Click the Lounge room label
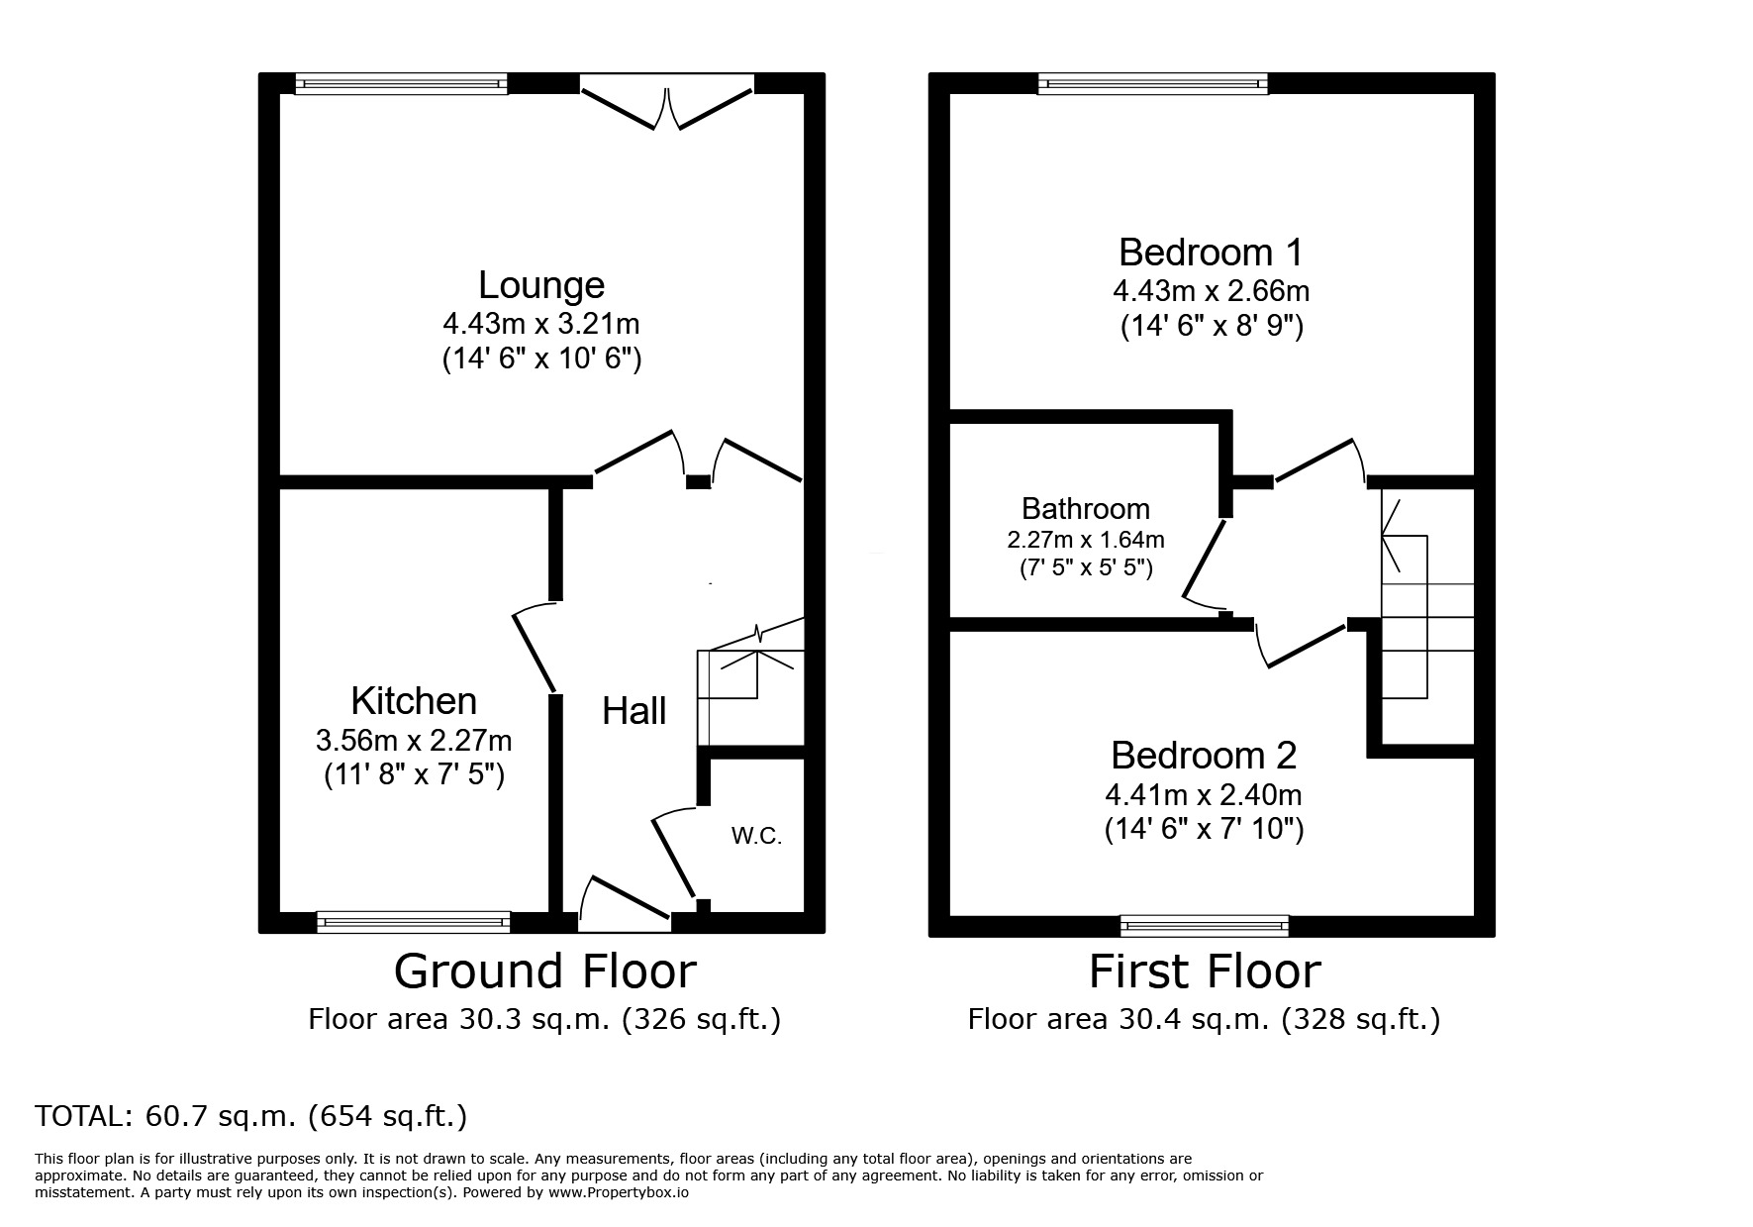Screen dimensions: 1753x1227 coord(541,285)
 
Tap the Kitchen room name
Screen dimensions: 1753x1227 coord(414,701)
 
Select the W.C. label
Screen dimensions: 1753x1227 coord(757,837)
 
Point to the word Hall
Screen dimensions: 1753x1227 coord(634,711)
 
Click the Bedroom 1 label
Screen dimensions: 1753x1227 coord(1211,253)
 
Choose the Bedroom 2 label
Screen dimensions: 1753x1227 coord(1204,756)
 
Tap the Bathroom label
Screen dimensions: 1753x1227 coord(1086,509)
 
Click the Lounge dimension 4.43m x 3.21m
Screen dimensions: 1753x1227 coord(541,324)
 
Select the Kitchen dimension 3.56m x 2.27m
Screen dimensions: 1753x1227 coord(414,740)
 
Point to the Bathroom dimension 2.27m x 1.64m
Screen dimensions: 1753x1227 coord(1086,541)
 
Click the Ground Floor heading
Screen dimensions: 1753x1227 coord(545,971)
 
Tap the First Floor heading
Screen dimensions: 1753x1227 coord(1205,971)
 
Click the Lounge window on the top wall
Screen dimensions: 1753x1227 coord(402,84)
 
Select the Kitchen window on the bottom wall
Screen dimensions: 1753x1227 coord(414,923)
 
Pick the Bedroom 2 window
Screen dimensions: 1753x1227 coord(1205,925)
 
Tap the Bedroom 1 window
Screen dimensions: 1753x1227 coord(1153,84)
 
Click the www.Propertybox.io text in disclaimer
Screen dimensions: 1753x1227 coord(619,1193)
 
